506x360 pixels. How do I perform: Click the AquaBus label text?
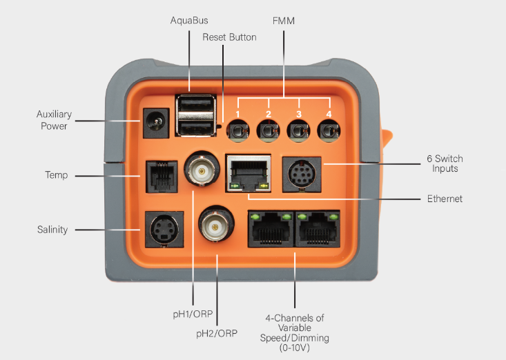pos(189,21)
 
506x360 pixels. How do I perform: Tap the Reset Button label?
pos(229,37)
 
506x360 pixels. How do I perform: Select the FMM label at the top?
pos(284,21)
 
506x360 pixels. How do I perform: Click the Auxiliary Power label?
pos(54,120)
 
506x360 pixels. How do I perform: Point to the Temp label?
pos(57,176)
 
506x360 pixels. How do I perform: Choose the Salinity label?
pos(52,230)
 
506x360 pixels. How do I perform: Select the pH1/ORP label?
pos(192,314)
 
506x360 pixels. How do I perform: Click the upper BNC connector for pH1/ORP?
pos(202,169)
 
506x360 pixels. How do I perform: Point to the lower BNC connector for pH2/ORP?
pos(216,223)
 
